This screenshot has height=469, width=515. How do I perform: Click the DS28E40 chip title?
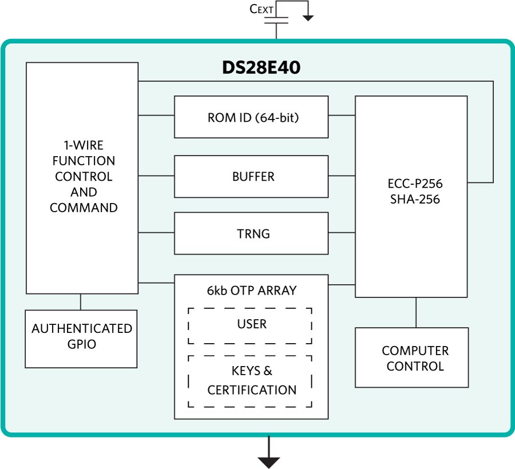261,68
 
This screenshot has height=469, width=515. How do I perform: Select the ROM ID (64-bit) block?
251,117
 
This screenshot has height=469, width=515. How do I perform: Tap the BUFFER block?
251,176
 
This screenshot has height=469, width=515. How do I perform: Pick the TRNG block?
251,233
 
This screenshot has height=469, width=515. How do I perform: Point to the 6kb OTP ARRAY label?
251,291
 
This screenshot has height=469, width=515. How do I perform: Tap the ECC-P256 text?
411,184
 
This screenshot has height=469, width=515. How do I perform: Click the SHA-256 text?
411,200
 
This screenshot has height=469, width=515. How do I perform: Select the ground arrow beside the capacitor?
308,17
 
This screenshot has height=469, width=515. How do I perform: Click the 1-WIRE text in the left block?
81,145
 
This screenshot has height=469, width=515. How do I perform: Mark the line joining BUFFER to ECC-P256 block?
342,176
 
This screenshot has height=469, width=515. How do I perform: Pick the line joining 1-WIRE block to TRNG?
156,233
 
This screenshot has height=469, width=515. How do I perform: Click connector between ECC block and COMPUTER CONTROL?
416,312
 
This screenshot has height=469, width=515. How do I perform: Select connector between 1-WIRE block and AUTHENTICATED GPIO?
81,302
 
